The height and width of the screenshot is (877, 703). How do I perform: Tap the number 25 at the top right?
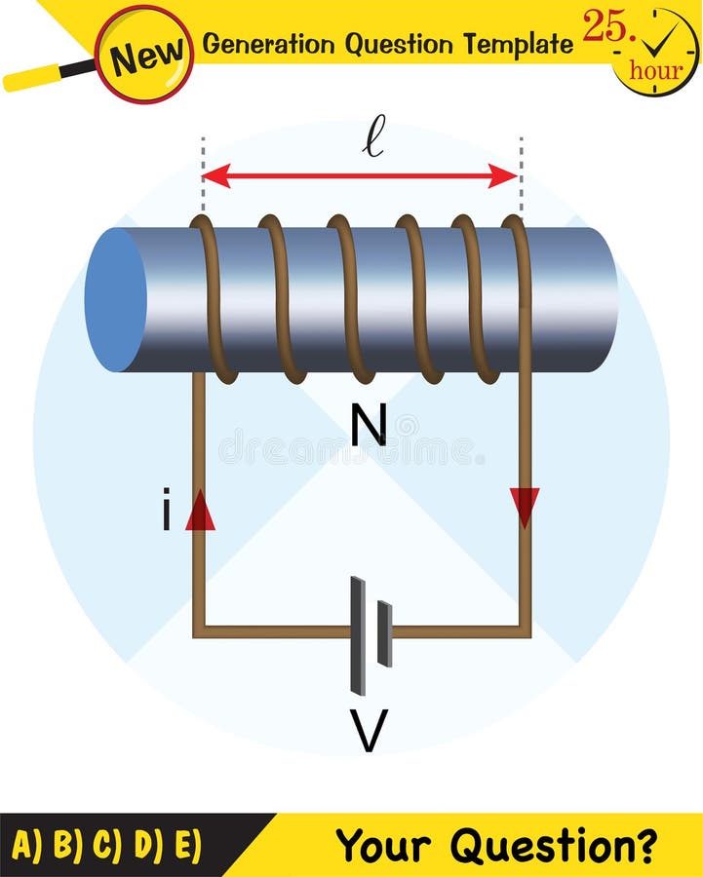[x=605, y=27]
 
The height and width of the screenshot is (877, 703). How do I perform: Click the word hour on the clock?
[x=655, y=70]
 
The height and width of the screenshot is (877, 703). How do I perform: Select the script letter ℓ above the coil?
[x=372, y=135]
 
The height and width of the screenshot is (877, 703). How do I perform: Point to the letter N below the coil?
[x=370, y=425]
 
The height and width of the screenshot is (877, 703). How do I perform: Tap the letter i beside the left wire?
[x=167, y=513]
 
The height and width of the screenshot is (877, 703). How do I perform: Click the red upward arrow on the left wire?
[x=200, y=510]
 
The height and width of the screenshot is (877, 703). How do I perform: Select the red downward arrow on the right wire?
[x=525, y=508]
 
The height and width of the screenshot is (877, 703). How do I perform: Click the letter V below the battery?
[x=369, y=731]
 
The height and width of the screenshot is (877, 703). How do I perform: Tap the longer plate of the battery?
[x=358, y=635]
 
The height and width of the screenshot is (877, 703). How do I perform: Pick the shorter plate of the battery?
[x=384, y=634]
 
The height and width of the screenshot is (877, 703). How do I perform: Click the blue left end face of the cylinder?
[x=116, y=299]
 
